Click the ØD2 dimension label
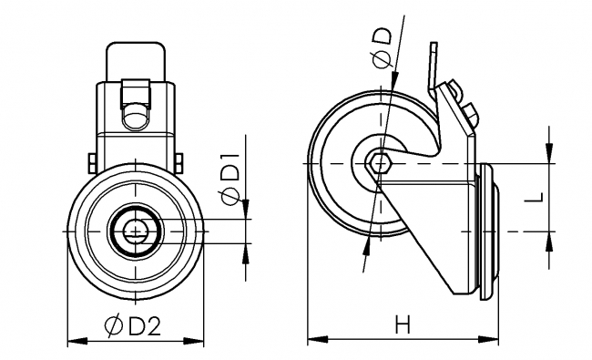coord(133,324)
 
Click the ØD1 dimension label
coord(230,178)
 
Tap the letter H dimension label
coord(403,324)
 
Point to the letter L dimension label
coord(535,197)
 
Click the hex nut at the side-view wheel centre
coord(380,163)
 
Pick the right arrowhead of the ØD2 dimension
coord(194,341)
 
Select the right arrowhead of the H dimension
coord(488,338)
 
